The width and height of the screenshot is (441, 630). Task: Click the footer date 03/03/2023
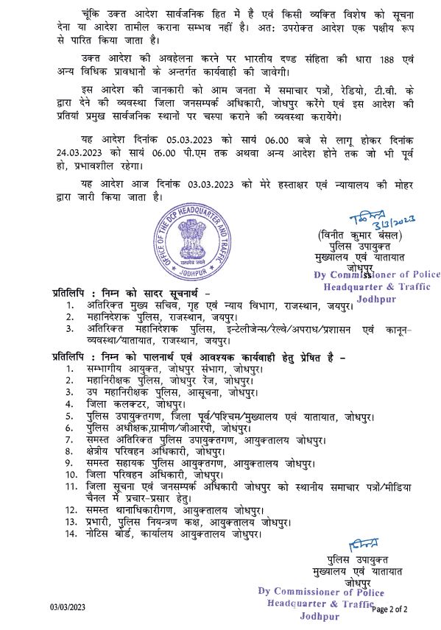click(x=68, y=607)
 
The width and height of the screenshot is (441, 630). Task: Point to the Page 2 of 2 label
click(x=399, y=609)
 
